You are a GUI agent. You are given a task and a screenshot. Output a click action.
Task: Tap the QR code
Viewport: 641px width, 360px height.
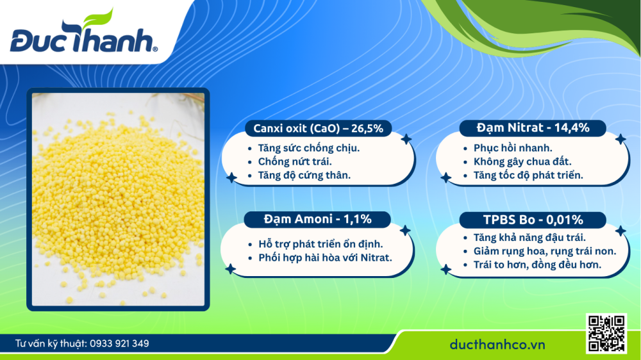point(606,334)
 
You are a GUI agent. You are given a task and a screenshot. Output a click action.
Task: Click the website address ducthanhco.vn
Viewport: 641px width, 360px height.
point(497,345)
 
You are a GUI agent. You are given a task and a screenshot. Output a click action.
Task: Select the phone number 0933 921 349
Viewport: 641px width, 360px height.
point(120,344)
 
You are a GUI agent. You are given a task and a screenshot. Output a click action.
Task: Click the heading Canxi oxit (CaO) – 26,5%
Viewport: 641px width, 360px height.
point(318,129)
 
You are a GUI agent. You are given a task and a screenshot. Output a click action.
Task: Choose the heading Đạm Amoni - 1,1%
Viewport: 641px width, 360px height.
point(317,220)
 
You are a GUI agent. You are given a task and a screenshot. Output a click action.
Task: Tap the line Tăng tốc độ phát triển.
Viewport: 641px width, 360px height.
point(524,175)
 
